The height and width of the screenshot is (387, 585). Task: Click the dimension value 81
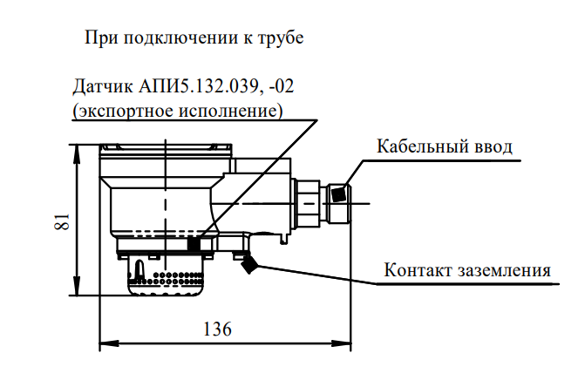[62, 221]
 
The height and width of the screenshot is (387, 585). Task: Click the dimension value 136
[217, 329]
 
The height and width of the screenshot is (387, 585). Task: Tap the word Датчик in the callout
[103, 86]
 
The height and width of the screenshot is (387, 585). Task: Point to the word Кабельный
[423, 146]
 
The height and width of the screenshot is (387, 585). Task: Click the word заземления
[504, 270]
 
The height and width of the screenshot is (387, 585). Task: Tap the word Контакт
[418, 269]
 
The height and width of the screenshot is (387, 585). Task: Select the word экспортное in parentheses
[126, 112]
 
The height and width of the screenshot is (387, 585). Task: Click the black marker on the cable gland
[339, 193]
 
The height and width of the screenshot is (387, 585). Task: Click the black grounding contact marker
[248, 264]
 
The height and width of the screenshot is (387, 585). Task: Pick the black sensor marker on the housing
[194, 243]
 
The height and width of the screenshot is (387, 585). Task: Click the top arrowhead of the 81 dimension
[77, 153]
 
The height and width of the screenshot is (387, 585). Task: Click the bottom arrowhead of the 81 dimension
[77, 286]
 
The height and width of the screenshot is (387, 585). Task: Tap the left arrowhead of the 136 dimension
[109, 343]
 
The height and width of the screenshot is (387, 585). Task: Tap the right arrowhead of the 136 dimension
[341, 343]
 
